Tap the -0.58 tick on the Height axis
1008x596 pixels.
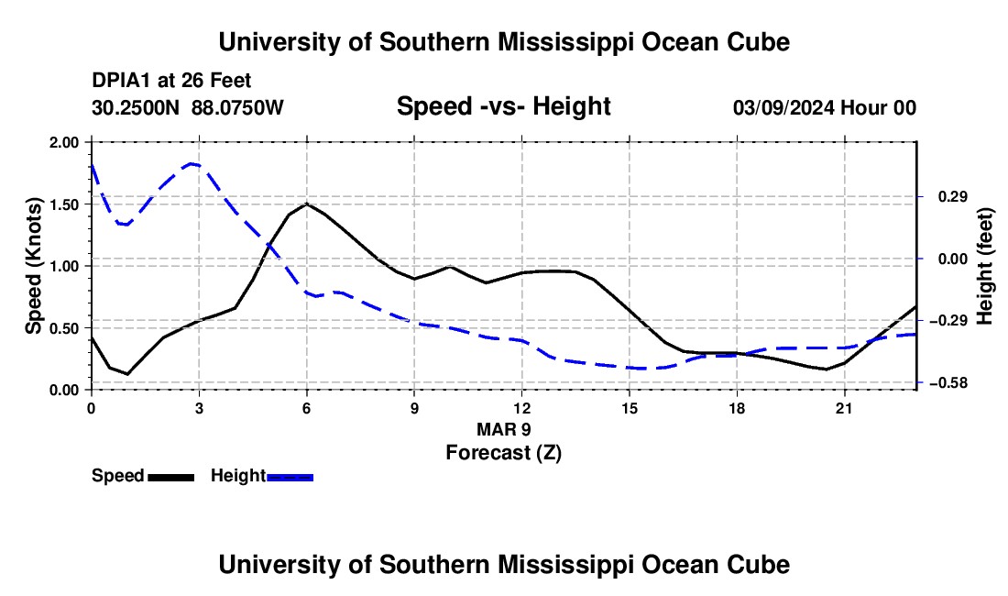coord(952,383)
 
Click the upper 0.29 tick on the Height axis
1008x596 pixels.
coord(953,197)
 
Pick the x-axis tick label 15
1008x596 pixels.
coord(630,408)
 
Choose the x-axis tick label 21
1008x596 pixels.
coord(844,408)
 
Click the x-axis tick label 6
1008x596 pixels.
coord(307,408)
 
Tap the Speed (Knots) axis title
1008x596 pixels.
coord(33,266)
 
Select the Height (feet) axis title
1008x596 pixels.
coord(985,266)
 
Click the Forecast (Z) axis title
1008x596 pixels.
coord(504,453)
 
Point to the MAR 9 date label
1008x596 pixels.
coord(504,429)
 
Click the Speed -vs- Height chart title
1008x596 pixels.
coord(504,106)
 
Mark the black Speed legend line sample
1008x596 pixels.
coord(171,477)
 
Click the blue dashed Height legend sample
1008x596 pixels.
coord(290,477)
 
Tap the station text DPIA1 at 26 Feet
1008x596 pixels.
coord(171,81)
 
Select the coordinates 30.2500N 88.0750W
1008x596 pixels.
coord(188,107)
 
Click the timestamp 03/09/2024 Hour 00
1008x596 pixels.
coord(825,107)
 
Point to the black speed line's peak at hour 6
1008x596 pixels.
coord(307,204)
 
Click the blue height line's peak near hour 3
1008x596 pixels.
coord(191,164)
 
